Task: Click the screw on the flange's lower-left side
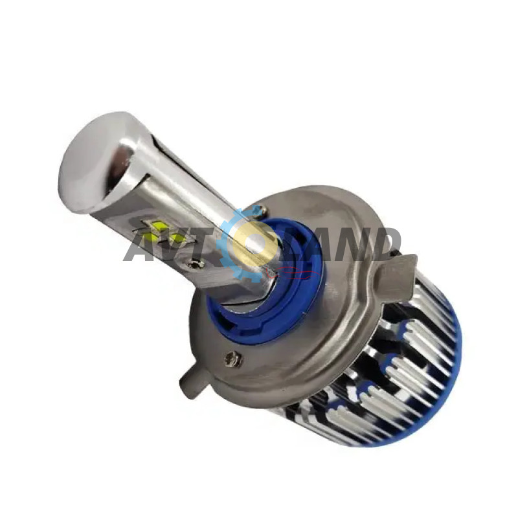232,358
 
